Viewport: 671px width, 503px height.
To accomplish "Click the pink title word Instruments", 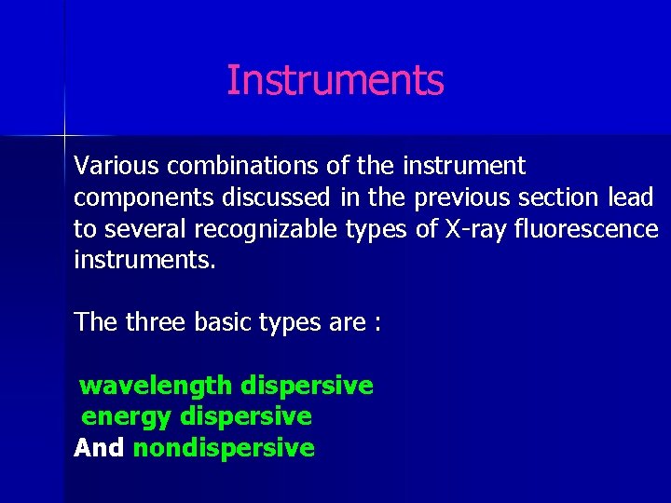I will click(x=335, y=80).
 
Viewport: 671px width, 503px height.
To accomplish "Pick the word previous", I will click(x=462, y=198).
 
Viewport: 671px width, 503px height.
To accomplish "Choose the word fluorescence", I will click(x=586, y=229).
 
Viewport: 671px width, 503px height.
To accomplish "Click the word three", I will click(x=154, y=322).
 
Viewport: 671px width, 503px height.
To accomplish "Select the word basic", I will click(x=223, y=322).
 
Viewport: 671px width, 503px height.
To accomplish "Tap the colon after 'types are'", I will click(x=377, y=324).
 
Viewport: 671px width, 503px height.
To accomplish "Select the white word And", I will click(x=99, y=448).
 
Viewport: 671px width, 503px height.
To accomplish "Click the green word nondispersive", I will click(x=224, y=448).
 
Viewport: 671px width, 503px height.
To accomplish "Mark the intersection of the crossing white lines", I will click(x=64, y=135).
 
